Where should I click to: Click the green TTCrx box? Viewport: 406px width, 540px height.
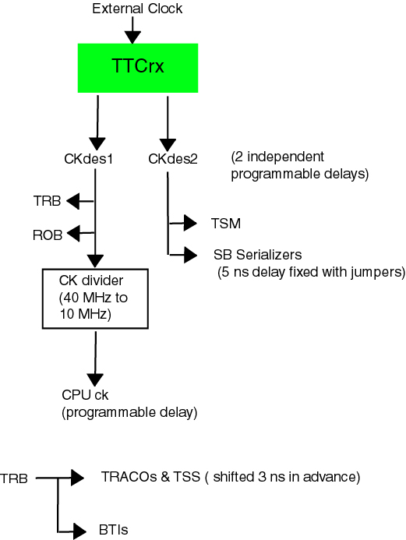pyautogui.click(x=138, y=68)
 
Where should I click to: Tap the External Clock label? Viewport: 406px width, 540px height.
pyautogui.click(x=137, y=9)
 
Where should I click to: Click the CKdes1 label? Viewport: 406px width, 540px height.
pyautogui.click(x=89, y=159)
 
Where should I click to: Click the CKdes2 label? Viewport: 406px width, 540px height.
pyautogui.click(x=173, y=159)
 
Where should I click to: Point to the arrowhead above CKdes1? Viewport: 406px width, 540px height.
pyautogui.click(x=97, y=143)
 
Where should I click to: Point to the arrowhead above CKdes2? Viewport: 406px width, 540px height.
pyautogui.click(x=168, y=145)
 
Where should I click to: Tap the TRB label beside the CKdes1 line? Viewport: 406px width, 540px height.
pyautogui.click(x=47, y=201)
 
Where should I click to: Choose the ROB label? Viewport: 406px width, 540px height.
pyautogui.click(x=48, y=235)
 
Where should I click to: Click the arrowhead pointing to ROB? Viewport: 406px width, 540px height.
pyautogui.click(x=73, y=234)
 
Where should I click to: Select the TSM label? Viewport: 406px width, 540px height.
pyautogui.click(x=226, y=224)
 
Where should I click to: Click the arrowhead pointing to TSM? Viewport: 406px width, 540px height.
pyautogui.click(x=190, y=223)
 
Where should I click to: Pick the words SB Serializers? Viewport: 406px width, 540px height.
pyautogui.click(x=258, y=255)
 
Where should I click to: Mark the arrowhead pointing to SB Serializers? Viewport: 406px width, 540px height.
pyautogui.click(x=191, y=255)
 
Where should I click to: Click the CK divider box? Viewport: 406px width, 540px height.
pyautogui.click(x=95, y=299)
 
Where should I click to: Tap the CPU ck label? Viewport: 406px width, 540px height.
pyautogui.click(x=85, y=395)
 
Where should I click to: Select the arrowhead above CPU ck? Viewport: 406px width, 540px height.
pyautogui.click(x=95, y=379)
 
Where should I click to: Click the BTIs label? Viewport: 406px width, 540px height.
pyautogui.click(x=113, y=530)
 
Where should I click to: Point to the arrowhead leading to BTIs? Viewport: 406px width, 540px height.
pyautogui.click(x=80, y=531)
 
